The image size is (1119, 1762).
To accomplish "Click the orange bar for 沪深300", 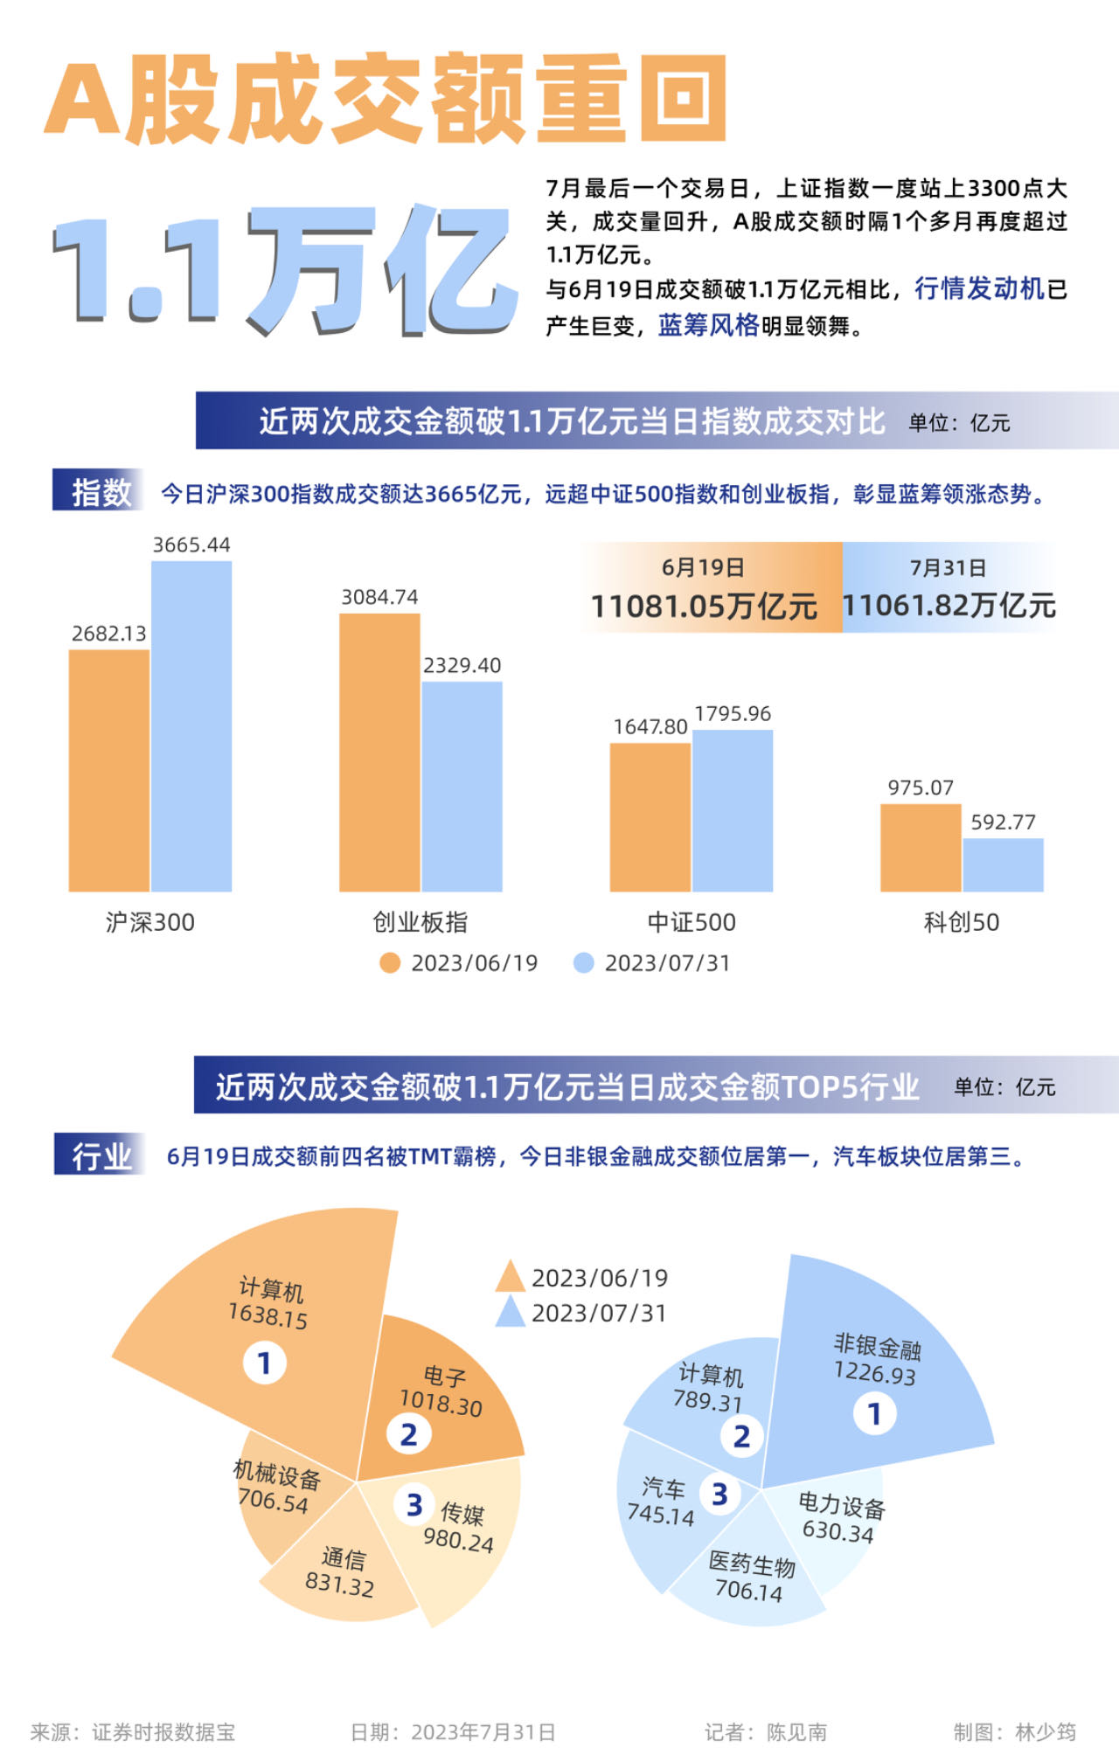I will point(109,770).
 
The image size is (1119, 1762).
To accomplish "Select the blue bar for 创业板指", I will point(462,786).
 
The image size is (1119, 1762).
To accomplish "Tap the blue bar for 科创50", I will point(1003,864).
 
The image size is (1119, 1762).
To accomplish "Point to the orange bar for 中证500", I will point(650,816).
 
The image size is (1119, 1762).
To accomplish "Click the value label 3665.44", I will point(191,545).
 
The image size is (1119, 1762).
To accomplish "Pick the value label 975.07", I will point(920,787).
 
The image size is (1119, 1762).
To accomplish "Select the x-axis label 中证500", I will point(692,922).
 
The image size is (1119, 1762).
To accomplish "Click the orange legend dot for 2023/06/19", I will point(390,963).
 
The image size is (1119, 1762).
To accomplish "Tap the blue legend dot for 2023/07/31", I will point(583,963).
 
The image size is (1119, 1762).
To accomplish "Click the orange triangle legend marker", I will point(510,1278).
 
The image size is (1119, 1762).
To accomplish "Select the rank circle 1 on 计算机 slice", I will point(264,1363).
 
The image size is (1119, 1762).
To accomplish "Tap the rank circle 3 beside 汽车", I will point(719,1495).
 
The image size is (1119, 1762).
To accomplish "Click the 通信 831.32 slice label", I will point(341,1571).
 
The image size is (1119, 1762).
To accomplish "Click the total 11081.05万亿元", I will point(704,606).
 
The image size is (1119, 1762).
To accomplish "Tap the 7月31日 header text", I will point(948,568).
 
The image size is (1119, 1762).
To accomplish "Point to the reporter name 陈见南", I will point(796,1731).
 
